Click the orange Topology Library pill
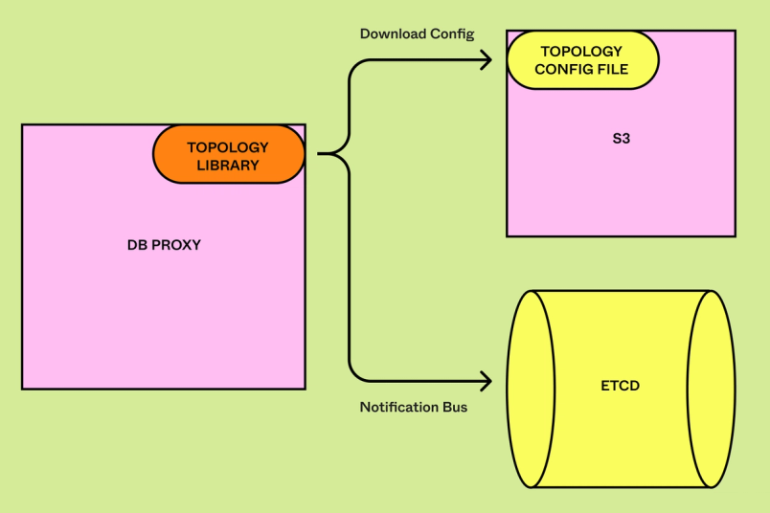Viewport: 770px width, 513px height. point(229,154)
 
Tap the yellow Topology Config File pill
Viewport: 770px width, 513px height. point(581,59)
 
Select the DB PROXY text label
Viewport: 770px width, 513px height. point(164,245)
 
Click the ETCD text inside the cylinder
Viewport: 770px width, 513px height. point(621,387)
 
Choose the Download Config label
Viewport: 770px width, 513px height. point(417,33)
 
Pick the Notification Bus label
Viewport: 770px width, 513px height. point(414,407)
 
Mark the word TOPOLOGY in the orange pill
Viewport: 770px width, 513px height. point(228,147)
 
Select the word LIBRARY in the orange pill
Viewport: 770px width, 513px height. point(228,165)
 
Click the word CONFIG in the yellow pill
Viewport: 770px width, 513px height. point(561,69)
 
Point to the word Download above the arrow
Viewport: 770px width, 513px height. point(391,33)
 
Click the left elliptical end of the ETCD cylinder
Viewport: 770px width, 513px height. point(531,388)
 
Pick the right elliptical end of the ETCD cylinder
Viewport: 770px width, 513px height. point(712,388)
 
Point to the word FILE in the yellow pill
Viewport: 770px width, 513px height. point(610,69)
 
